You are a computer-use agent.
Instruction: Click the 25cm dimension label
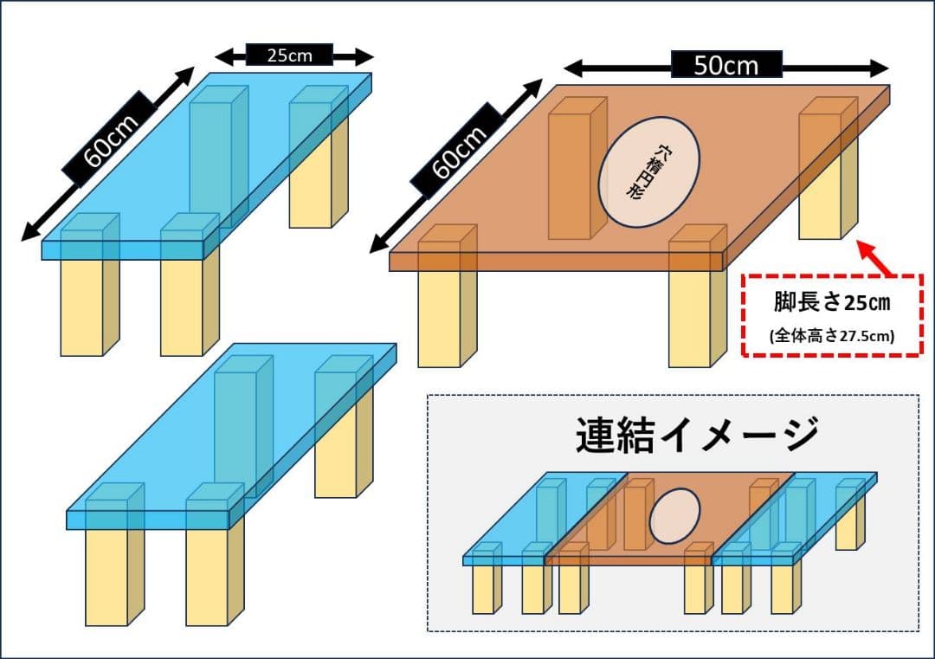(289, 55)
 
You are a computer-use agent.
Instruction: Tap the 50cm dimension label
(725, 65)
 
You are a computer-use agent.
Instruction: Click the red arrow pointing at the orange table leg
(877, 258)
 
